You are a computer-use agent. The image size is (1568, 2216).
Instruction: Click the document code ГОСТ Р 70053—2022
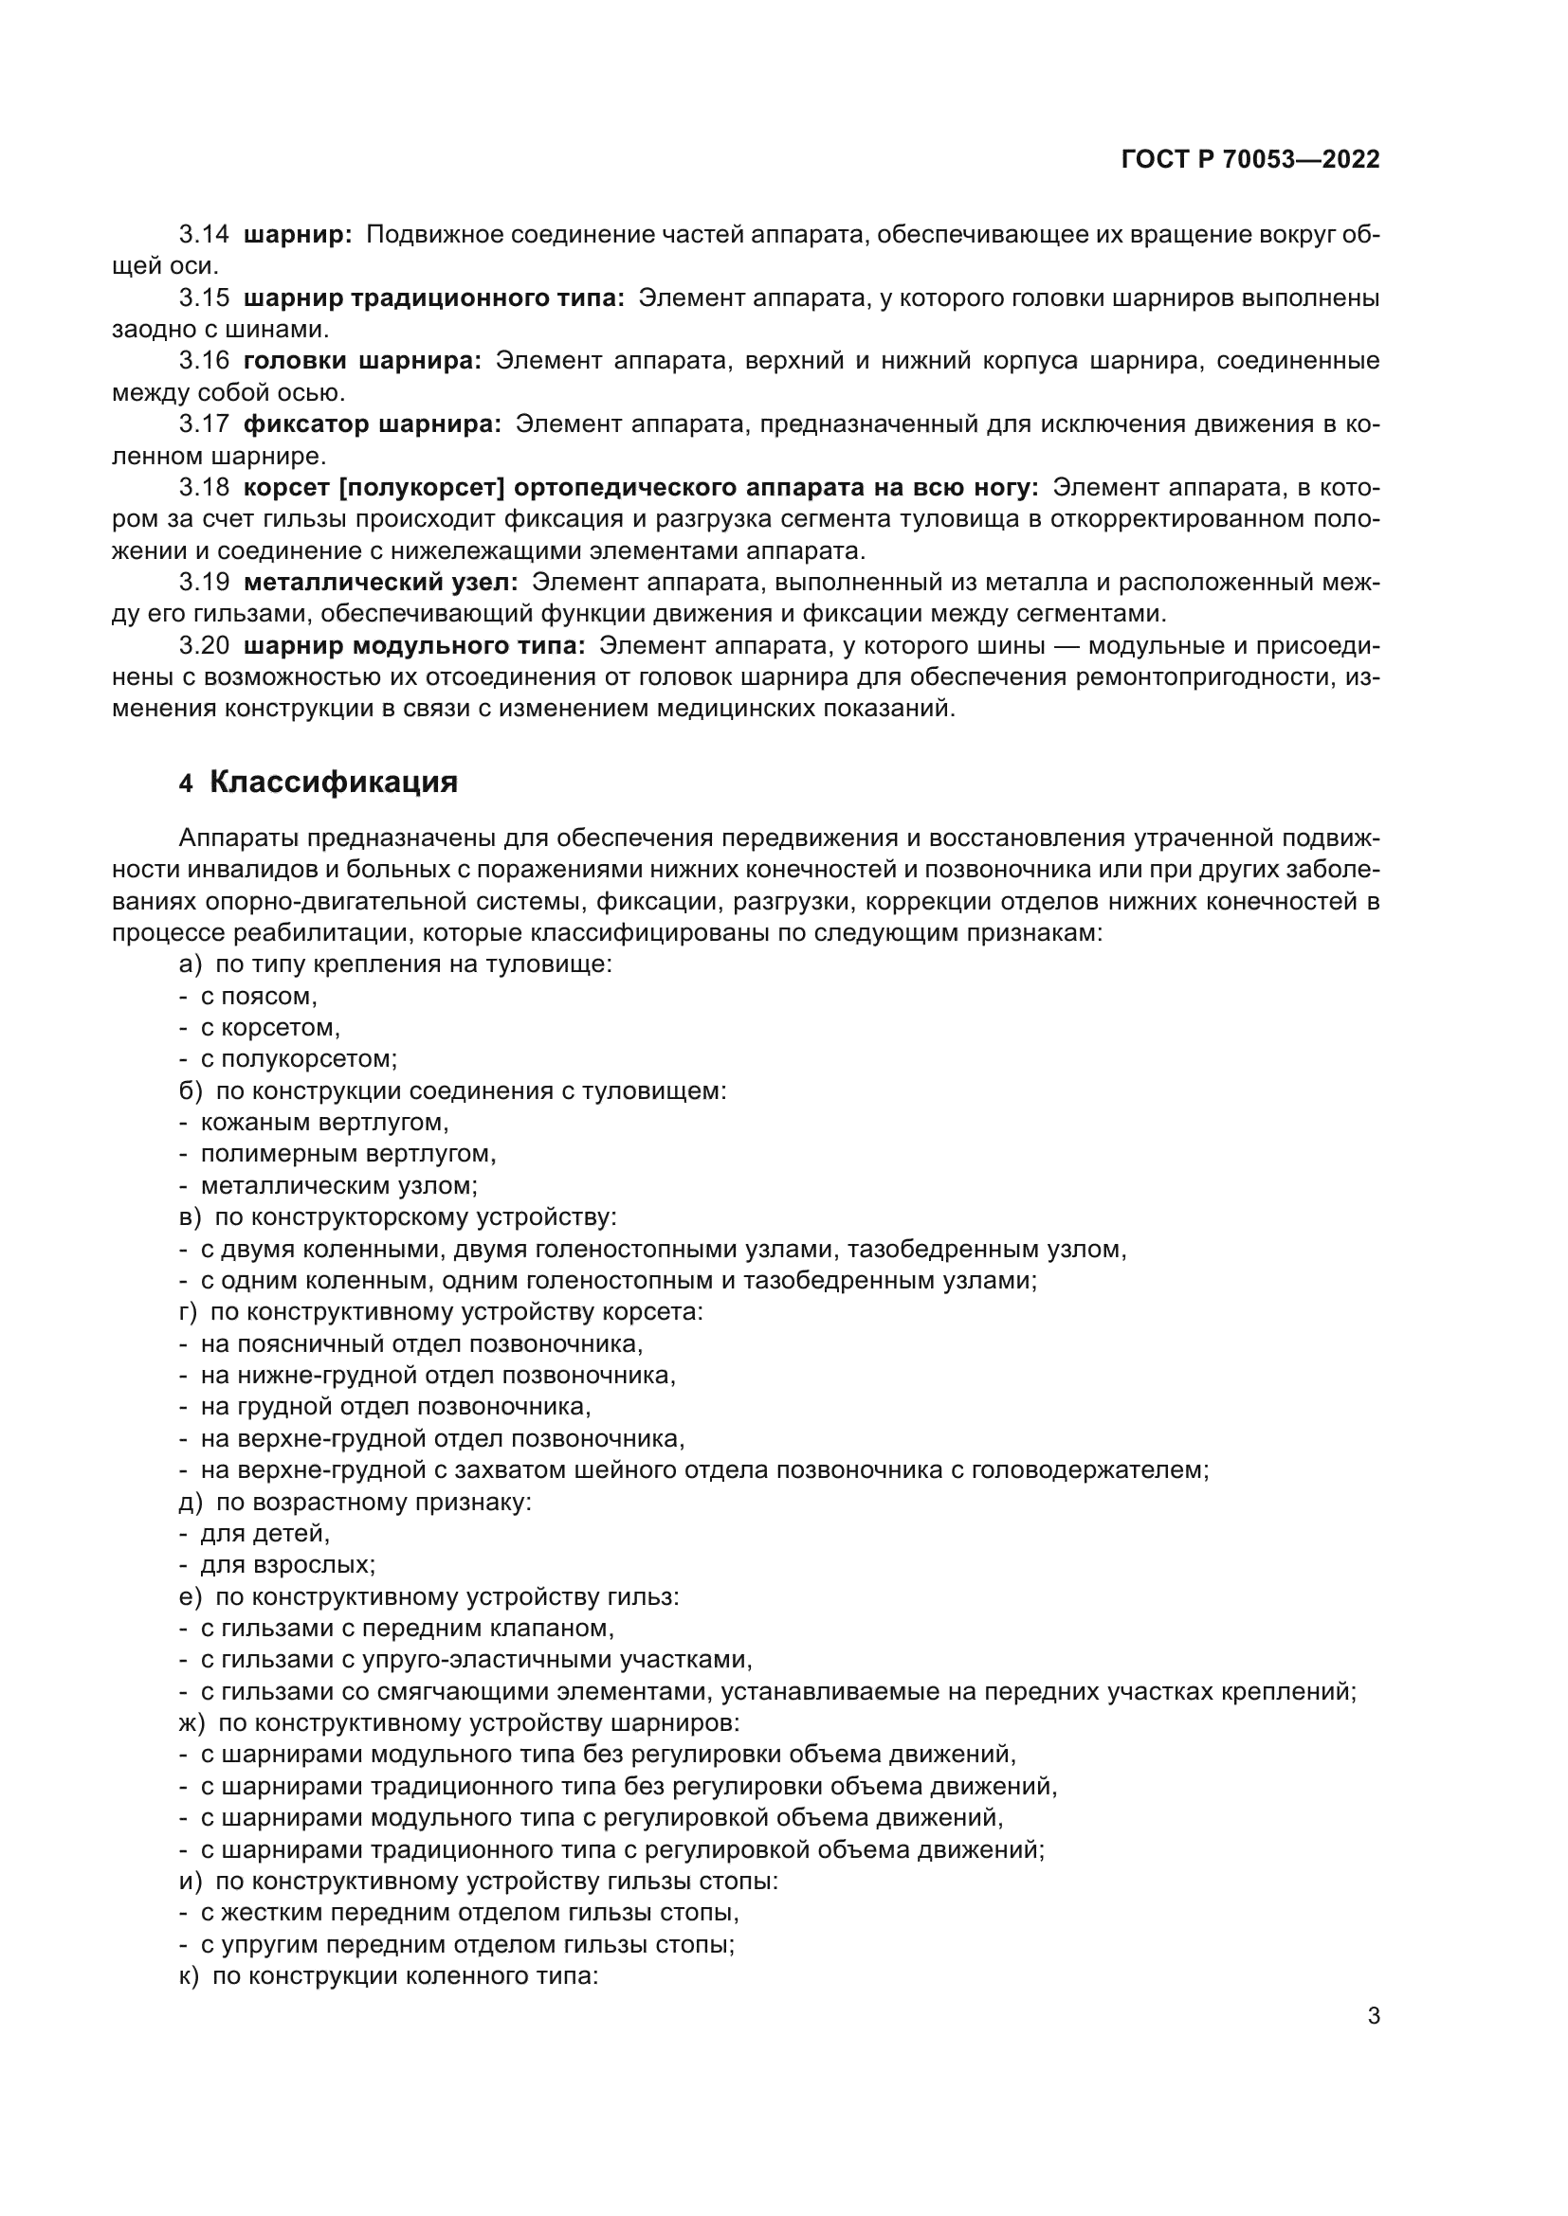(1250, 159)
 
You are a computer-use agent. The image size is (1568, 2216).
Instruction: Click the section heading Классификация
(333, 782)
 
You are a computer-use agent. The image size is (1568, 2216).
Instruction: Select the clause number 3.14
(204, 235)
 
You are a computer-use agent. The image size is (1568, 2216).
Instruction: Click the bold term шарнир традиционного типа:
(433, 298)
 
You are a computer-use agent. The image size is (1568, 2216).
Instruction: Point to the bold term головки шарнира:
(362, 361)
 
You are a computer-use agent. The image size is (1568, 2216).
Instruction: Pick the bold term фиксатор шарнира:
(372, 424)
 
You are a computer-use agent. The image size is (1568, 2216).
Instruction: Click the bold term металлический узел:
(380, 582)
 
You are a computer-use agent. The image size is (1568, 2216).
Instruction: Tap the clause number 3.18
(204, 487)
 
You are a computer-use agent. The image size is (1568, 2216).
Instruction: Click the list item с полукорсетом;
(299, 1059)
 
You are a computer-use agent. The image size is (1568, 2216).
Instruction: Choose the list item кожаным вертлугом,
(324, 1123)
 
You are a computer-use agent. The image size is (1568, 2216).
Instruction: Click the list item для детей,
(264, 1534)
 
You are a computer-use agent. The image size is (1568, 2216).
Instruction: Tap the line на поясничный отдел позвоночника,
(421, 1343)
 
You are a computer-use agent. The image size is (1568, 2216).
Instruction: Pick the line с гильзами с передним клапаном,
(407, 1629)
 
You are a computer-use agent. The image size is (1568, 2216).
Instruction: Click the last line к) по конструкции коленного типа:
(389, 1975)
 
